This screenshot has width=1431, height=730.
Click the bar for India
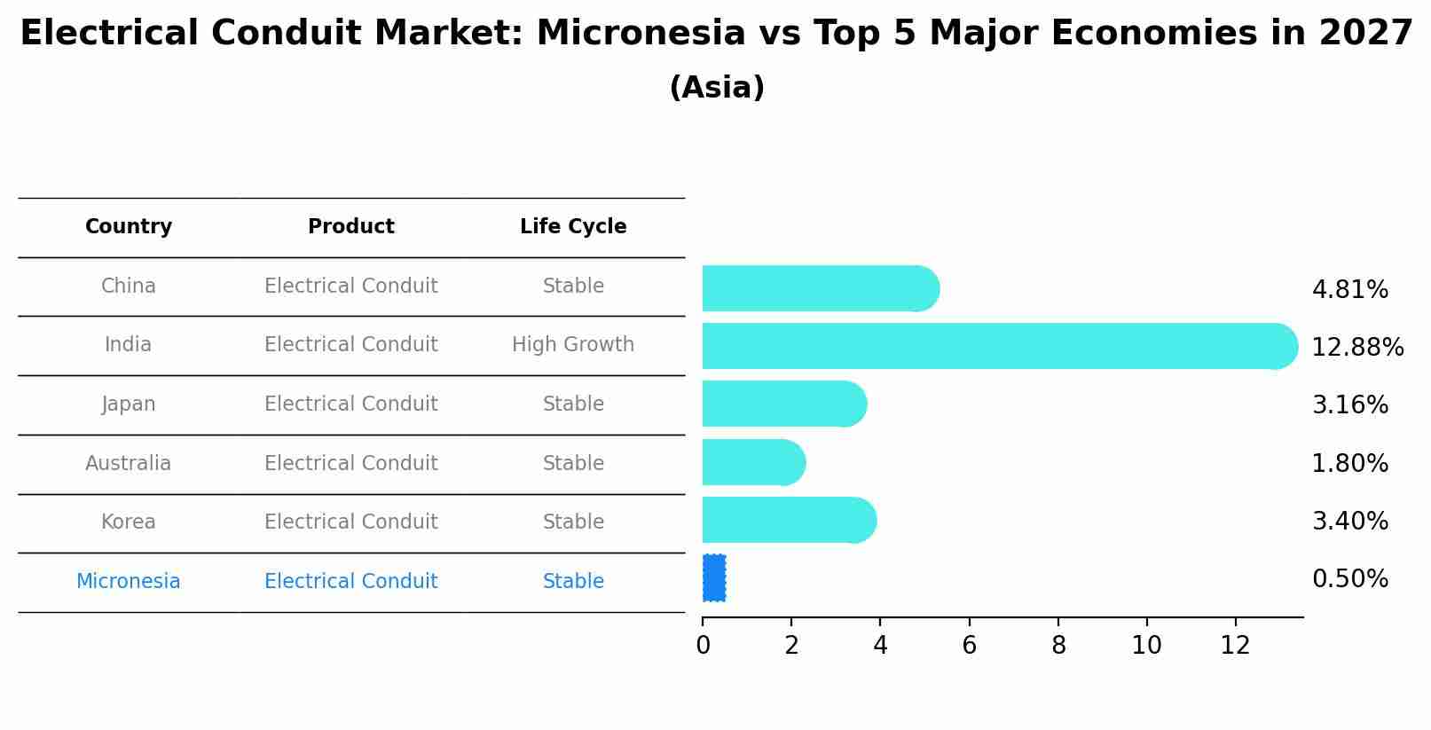click(1000, 346)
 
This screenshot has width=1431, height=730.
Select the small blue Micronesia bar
click(713, 578)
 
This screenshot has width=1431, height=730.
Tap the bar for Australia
click(754, 462)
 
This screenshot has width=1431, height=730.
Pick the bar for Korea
click(790, 520)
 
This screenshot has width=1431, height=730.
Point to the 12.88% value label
click(1357, 348)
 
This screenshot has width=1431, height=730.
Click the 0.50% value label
click(1350, 578)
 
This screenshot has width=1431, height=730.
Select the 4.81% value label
click(1350, 289)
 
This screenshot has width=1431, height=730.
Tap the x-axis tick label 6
click(969, 646)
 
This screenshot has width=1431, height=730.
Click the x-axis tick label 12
click(1235, 646)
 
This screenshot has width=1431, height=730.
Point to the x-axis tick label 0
click(703, 646)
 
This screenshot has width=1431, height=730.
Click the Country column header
click(129, 226)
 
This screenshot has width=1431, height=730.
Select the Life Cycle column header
click(573, 226)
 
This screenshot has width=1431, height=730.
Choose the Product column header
click(350, 226)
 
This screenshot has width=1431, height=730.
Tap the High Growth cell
click(573, 344)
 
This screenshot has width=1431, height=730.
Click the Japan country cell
click(129, 404)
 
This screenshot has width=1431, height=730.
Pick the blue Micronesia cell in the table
click(129, 581)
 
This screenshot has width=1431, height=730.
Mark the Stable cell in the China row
click(573, 286)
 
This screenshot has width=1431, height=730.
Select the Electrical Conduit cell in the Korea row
click(350, 522)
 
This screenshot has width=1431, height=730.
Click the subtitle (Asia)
click(717, 88)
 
